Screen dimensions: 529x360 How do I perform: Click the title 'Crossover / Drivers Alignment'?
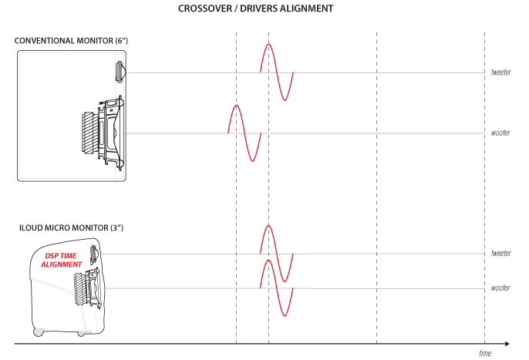click(255, 8)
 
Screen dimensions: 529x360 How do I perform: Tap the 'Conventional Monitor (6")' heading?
click(71, 41)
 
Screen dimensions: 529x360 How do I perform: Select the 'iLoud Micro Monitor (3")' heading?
click(71, 227)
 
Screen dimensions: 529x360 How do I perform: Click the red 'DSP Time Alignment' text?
click(62, 260)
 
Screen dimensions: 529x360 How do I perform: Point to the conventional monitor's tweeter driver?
click(120, 72)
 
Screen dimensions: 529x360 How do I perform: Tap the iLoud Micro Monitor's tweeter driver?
click(94, 255)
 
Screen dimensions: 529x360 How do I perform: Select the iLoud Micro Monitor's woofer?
click(87, 288)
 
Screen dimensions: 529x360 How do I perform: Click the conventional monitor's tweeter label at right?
click(501, 72)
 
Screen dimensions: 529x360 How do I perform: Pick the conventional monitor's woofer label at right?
click(500, 133)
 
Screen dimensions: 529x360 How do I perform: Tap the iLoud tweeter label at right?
click(501, 253)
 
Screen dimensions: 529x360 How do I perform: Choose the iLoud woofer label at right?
click(500, 288)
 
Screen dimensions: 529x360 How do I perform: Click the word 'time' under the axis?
click(485, 353)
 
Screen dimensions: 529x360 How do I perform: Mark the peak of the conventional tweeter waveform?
click(268, 44)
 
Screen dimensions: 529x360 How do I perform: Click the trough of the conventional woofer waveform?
click(252, 161)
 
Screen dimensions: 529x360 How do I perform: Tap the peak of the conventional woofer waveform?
click(236, 106)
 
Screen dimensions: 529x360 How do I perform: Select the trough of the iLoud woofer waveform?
click(285, 315)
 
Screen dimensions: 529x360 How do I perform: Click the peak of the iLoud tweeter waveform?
click(268, 225)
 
